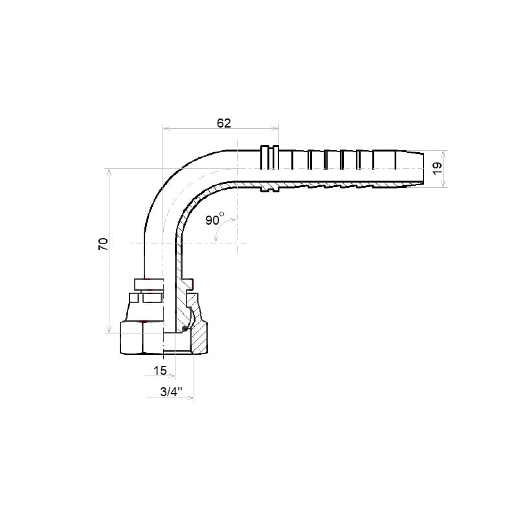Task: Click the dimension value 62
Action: pyautogui.click(x=223, y=123)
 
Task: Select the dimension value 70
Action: pyautogui.click(x=104, y=244)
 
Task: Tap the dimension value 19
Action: pyautogui.click(x=437, y=168)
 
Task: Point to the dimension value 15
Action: pyautogui.click(x=160, y=370)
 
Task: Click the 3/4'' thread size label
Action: pyautogui.click(x=171, y=392)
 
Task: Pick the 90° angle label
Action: pyautogui.click(x=215, y=219)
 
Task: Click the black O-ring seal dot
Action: pyautogui.click(x=185, y=328)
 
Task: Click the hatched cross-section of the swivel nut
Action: pyautogui.click(x=199, y=337)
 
